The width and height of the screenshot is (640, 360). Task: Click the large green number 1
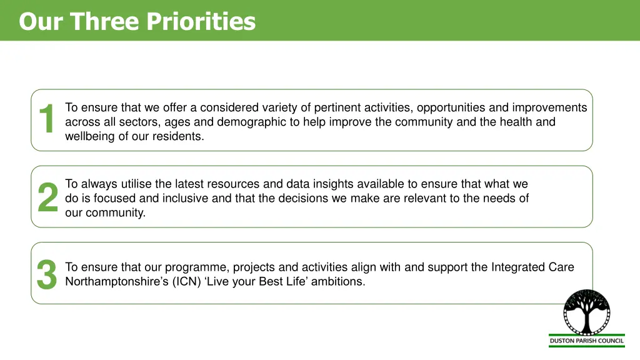(47, 119)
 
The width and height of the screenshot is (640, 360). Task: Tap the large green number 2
(47, 197)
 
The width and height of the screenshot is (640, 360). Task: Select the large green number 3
(47, 274)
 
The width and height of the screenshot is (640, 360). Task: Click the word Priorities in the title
(201, 21)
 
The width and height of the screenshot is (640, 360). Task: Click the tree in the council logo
(586, 313)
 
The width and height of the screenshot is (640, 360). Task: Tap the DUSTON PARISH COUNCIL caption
(587, 341)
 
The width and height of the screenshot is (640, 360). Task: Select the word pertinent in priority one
(337, 107)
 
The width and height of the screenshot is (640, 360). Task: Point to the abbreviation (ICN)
(183, 281)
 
